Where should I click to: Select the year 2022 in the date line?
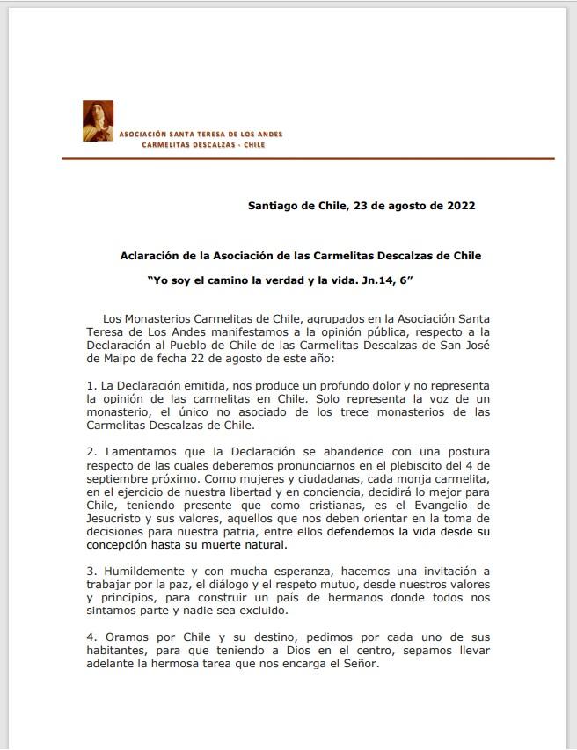tap(459, 206)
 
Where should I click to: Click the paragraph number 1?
tap(91, 386)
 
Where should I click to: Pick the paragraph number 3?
tap(91, 571)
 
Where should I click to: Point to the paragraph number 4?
tap(91, 637)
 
